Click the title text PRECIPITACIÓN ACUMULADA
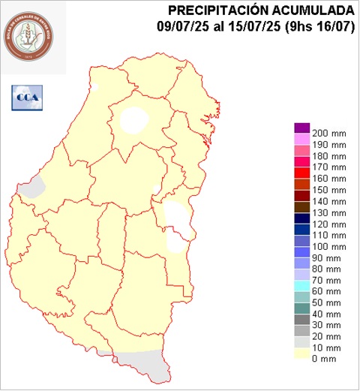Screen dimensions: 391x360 [261, 11]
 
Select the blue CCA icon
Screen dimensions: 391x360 [27, 96]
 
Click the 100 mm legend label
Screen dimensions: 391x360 [328, 246]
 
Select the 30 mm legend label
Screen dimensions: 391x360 [328, 325]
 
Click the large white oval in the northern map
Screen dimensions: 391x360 [134, 119]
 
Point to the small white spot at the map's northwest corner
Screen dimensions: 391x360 [94, 87]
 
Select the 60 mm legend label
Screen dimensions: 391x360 [328, 291]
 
